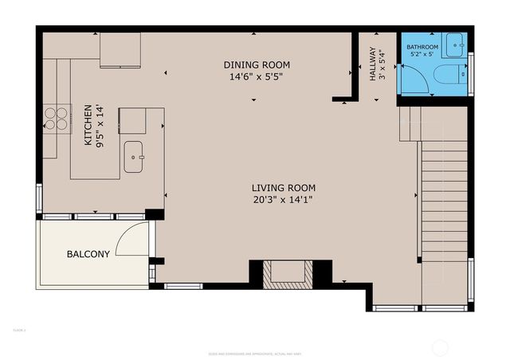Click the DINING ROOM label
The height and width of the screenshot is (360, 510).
(x=256, y=65)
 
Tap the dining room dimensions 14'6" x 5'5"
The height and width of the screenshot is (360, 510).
(x=256, y=78)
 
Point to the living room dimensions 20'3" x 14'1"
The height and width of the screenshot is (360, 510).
(x=277, y=200)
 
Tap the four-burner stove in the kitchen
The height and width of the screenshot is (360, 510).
(x=55, y=118)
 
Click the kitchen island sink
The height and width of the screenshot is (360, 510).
(x=133, y=158)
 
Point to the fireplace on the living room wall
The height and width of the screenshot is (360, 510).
(x=289, y=274)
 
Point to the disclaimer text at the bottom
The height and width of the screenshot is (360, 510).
(x=254, y=352)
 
